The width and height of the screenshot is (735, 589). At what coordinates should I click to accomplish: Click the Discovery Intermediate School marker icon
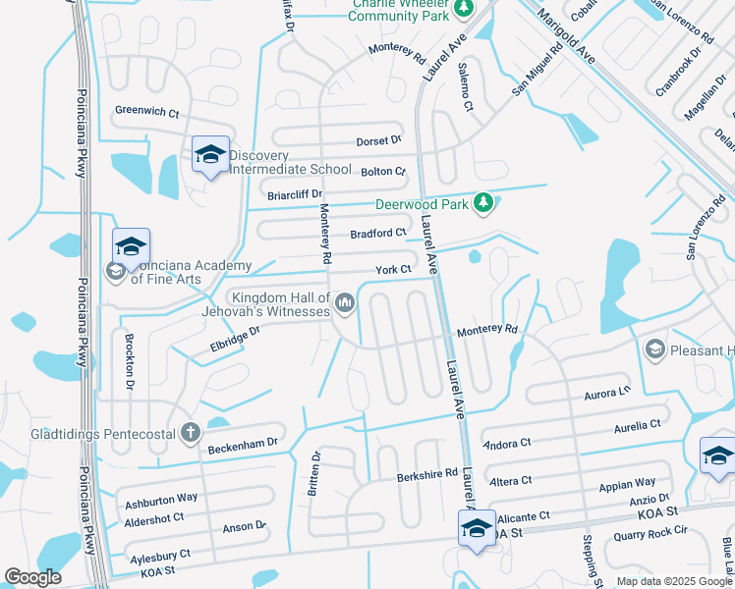(x=210, y=155)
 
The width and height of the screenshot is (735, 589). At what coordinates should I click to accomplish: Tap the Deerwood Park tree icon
(x=482, y=202)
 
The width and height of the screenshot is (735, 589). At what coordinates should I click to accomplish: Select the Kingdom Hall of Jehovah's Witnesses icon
(x=344, y=303)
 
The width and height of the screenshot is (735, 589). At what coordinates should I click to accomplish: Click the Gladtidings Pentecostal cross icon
(x=191, y=432)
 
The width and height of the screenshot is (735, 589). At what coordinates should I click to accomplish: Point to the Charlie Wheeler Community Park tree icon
(x=464, y=9)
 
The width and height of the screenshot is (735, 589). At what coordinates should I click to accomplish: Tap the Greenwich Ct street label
(x=147, y=113)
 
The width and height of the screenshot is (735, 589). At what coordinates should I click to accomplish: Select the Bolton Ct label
(x=383, y=172)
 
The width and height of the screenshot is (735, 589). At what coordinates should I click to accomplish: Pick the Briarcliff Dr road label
(x=295, y=194)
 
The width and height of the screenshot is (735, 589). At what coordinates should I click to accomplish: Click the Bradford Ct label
(x=378, y=234)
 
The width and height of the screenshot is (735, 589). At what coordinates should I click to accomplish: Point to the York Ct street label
(x=393, y=270)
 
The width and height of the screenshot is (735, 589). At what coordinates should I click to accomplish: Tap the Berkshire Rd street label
(x=427, y=473)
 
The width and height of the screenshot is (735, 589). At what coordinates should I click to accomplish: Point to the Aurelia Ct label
(x=637, y=426)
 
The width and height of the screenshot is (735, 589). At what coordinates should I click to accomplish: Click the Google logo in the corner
(x=33, y=577)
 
